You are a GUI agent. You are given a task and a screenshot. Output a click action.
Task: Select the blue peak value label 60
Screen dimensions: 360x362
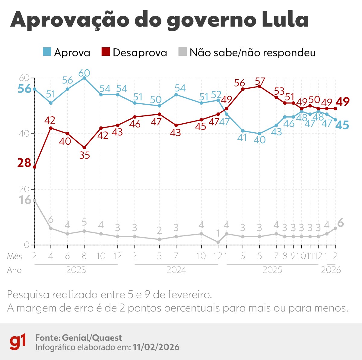click(84, 73)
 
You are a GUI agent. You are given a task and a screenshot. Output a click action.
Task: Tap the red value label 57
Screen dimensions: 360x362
click(260, 81)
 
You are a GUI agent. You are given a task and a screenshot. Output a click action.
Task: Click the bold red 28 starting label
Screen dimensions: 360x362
click(24, 163)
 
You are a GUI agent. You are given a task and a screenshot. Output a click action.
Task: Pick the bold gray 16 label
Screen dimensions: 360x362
click(25, 200)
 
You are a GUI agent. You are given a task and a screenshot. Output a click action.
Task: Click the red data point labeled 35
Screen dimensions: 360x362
click(84, 147)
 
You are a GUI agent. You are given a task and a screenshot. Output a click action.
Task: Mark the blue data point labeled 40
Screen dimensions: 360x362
click(259, 134)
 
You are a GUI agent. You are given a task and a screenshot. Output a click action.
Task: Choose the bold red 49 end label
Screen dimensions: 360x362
click(343, 102)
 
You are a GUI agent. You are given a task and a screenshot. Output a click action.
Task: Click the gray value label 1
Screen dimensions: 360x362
click(218, 233)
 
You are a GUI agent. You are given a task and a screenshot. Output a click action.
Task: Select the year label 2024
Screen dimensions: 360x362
click(176, 270)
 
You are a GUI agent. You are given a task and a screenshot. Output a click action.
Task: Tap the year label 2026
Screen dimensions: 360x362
click(331, 270)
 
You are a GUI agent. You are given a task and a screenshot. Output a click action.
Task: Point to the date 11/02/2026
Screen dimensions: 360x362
click(156, 347)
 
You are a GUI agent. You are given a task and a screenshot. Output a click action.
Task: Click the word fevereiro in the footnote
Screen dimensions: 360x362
click(188, 294)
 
